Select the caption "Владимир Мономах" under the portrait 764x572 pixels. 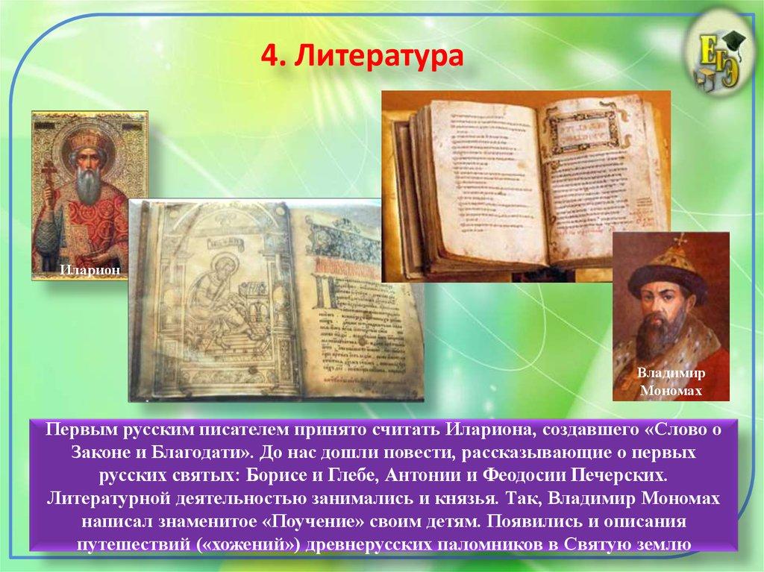pos(671,382)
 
